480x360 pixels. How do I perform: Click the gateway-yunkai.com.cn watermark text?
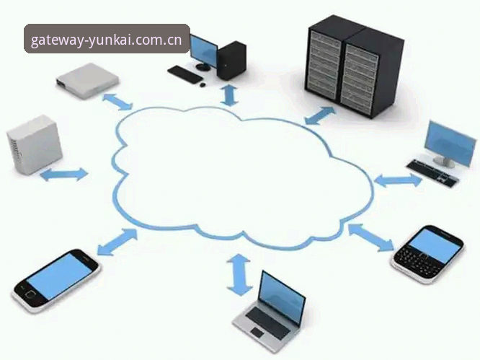(x=106, y=40)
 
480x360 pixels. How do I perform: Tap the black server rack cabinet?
(x=355, y=66)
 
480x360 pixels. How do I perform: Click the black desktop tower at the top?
(x=231, y=61)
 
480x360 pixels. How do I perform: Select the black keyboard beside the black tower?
(x=185, y=74)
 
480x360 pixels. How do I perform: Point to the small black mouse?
(x=202, y=84)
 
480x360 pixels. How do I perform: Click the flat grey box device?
(x=87, y=80)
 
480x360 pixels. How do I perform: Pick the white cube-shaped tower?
(x=35, y=145)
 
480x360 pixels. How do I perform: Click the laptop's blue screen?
(x=282, y=297)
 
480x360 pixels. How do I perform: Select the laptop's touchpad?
(x=257, y=333)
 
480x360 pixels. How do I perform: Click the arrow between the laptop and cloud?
(x=239, y=275)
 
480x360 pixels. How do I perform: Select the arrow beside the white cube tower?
(x=64, y=175)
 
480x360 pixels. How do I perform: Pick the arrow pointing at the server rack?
(x=320, y=116)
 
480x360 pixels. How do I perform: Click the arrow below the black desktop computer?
(x=229, y=96)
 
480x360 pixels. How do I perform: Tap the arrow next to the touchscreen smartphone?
(x=117, y=242)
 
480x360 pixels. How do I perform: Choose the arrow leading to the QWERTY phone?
(x=371, y=237)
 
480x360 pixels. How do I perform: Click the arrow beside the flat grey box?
(x=117, y=102)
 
